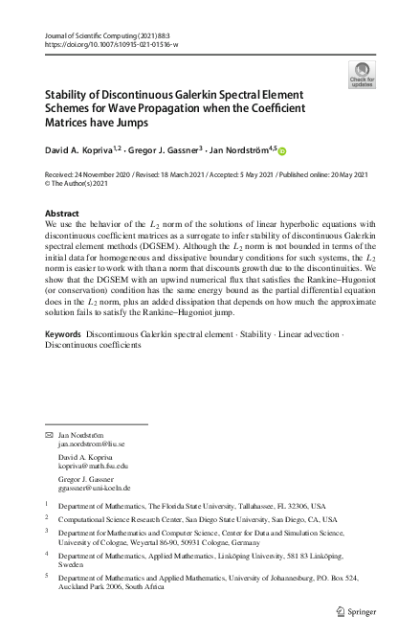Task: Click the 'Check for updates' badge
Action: click(363, 74)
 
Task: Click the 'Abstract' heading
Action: click(62, 213)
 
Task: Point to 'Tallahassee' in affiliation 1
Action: click(240, 504)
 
